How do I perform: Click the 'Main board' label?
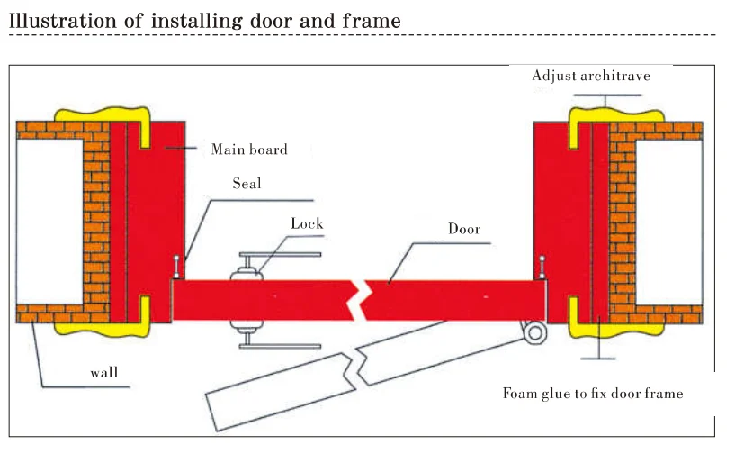coord(249,150)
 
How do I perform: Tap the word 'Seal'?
coord(247,183)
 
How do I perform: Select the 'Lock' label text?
coord(307,224)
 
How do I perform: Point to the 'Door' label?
coord(464,229)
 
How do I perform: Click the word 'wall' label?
coord(104,372)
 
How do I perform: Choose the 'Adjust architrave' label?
coord(590,76)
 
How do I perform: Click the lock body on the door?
coord(244,298)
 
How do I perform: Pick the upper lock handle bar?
coord(288,257)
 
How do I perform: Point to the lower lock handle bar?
coord(288,346)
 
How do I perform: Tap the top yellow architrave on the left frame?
coord(98,118)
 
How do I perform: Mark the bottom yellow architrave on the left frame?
coord(98,321)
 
